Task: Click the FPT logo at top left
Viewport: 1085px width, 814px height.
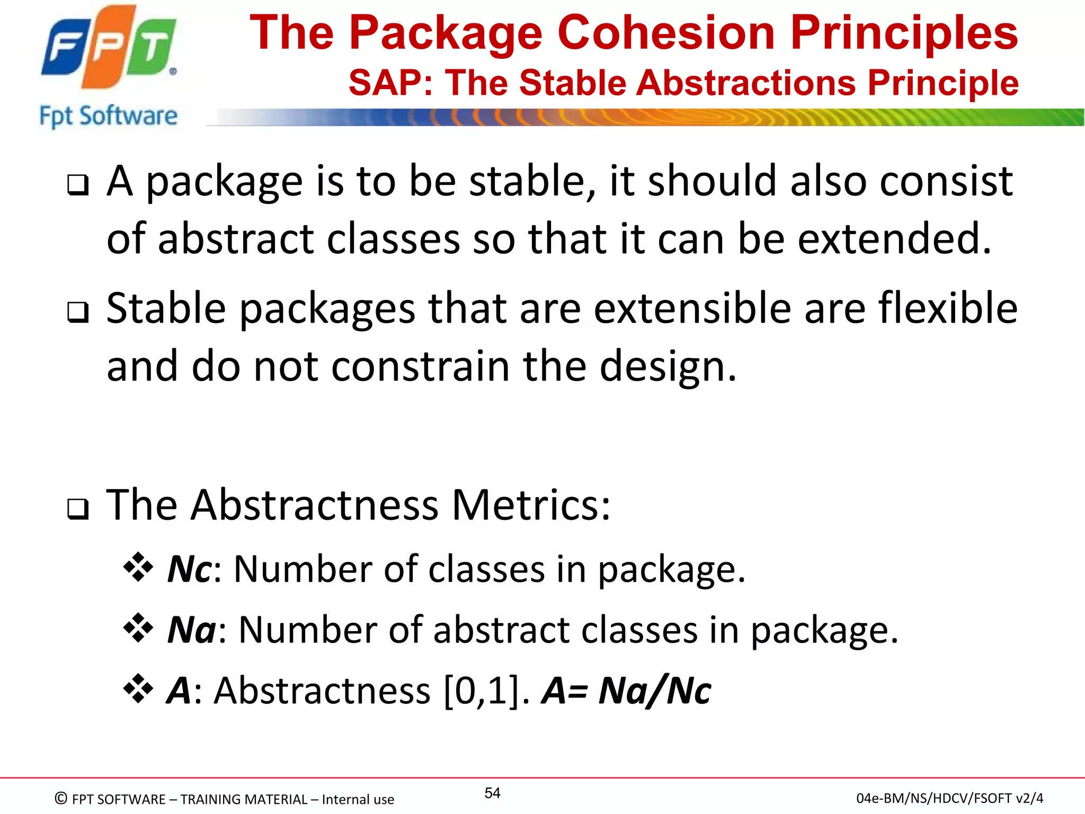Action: pyautogui.click(x=109, y=48)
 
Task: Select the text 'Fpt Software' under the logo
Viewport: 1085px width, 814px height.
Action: pyautogui.click(x=109, y=116)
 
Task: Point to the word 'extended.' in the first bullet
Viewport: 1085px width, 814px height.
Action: pyautogui.click(x=894, y=239)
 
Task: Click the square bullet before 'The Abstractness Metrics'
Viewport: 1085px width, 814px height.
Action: pyautogui.click(x=78, y=509)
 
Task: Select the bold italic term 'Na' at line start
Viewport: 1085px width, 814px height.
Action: pyautogui.click(x=191, y=630)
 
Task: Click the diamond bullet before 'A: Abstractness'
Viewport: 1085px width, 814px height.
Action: pyautogui.click(x=138, y=688)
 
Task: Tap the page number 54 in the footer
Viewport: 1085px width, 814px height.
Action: pyautogui.click(x=492, y=793)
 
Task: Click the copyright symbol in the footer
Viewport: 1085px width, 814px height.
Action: pyautogui.click(x=61, y=798)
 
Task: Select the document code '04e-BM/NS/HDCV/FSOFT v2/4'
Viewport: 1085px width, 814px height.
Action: pyautogui.click(x=949, y=798)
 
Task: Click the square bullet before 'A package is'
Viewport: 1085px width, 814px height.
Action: pyautogui.click(x=78, y=185)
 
